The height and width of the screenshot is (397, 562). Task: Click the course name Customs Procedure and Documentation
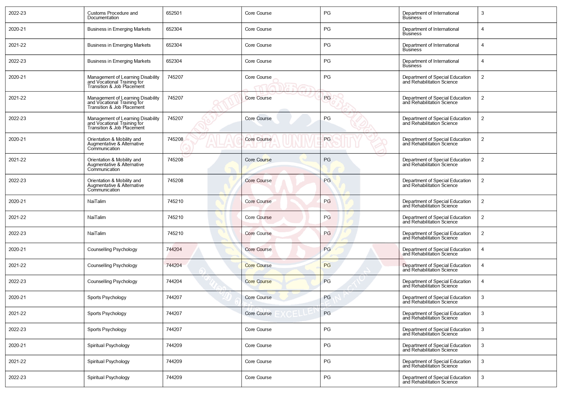point(112,15)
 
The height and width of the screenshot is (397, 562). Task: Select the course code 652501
point(174,13)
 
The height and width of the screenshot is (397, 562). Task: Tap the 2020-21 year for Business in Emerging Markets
point(17,29)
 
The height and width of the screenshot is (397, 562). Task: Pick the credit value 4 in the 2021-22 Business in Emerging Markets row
point(483,45)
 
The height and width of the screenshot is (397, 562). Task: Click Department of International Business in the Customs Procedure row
point(430,15)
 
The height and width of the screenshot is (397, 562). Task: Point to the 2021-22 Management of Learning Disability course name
point(123,102)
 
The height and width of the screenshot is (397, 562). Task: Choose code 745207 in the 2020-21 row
point(175,77)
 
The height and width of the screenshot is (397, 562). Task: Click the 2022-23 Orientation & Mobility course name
point(116,185)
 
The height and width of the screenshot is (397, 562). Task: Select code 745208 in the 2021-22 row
point(175,160)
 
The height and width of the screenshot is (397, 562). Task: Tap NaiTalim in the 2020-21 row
point(96,201)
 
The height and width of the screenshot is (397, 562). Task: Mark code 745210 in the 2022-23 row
point(175,233)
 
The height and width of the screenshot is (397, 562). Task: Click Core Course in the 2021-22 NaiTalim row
point(258,217)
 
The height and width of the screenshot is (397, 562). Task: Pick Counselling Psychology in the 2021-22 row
point(112,265)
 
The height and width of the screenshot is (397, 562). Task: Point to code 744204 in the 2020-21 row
point(174,249)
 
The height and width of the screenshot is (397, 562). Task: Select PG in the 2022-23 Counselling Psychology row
point(327,281)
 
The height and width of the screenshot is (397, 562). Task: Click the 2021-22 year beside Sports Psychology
point(17,313)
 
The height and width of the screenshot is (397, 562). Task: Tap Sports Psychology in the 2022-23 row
point(107,329)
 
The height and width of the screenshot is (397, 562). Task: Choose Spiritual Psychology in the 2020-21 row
point(108,345)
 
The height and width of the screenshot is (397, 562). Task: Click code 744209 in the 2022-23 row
point(174,377)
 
